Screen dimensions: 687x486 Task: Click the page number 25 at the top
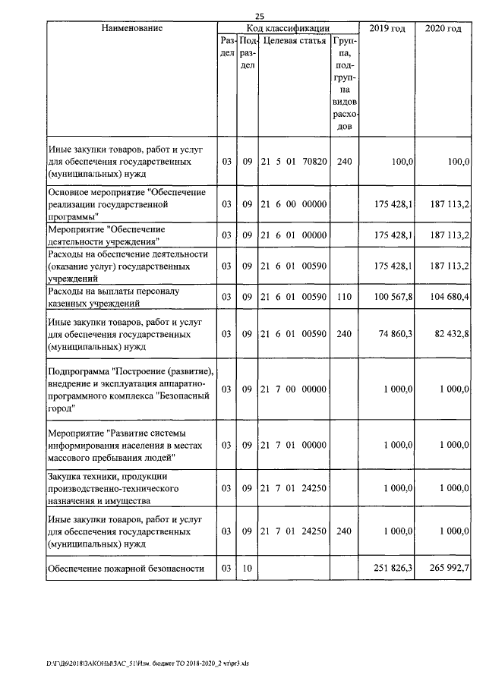[x=260, y=16]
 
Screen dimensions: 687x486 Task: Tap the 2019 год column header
[x=387, y=28]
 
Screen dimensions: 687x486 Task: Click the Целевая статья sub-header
[x=294, y=41]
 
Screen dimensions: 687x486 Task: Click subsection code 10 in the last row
[x=247, y=568]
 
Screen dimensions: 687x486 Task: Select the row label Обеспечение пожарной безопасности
[x=126, y=568]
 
